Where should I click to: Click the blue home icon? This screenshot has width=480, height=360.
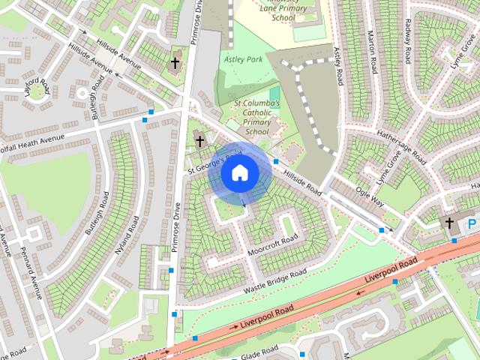coord(239,173)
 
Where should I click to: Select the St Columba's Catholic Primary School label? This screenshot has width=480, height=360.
coord(256,117)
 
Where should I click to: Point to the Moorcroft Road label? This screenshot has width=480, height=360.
coord(272,244)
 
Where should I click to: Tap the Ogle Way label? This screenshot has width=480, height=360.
coord(370,196)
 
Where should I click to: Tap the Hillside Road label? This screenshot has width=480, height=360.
coord(302,181)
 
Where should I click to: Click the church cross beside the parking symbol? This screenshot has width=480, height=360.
coord(449,223)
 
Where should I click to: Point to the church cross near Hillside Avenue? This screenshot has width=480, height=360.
coord(175,63)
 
